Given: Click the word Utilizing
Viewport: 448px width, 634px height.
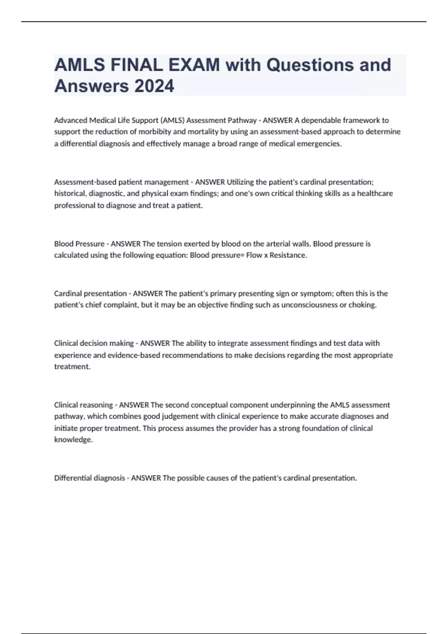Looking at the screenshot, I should (241, 182).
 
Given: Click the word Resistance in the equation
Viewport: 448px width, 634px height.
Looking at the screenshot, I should (288, 255).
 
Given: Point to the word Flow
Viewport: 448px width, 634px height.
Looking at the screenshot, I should (254, 255).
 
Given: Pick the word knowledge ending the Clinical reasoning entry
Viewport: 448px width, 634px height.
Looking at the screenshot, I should (73, 440).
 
